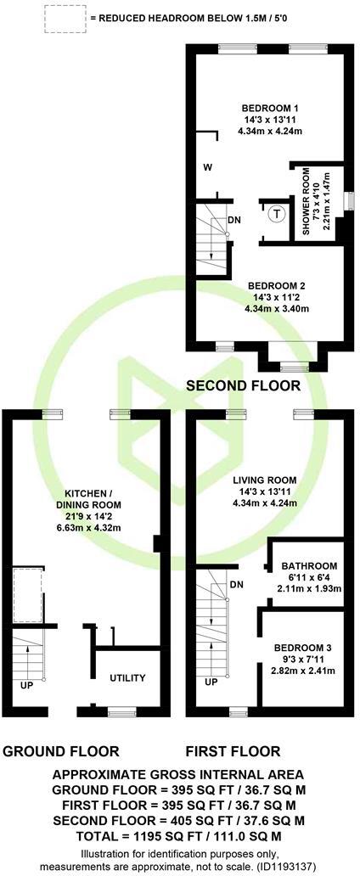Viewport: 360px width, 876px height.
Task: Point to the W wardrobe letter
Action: point(207,168)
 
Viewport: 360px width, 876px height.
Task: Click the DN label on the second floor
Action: point(234,221)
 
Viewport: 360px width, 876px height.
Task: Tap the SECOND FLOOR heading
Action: point(243,385)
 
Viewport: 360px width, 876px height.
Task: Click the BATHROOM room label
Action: point(309,566)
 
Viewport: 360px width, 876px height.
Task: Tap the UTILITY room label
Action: point(127,678)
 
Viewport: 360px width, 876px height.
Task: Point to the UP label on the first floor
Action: point(211,682)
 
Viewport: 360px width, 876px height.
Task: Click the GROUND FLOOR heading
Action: point(61,751)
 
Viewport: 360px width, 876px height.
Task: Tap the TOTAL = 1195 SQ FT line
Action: point(180,835)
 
